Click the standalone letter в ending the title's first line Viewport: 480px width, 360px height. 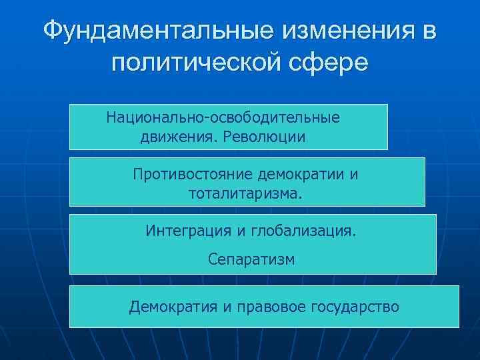click(427, 30)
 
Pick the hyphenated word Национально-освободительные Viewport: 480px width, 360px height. click(223, 117)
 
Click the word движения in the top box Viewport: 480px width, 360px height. click(178, 137)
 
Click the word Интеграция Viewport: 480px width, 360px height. click(188, 231)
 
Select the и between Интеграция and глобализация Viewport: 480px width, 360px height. click(241, 231)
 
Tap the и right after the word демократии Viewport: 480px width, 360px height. click(353, 175)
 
